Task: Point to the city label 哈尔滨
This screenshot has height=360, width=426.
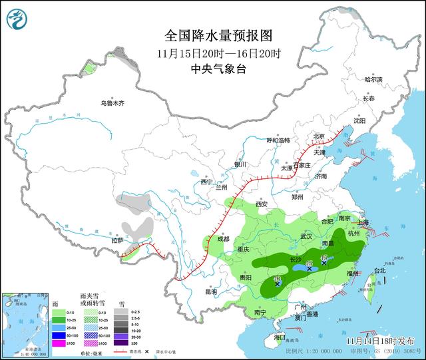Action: [374, 79]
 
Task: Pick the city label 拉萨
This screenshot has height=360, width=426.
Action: [117, 240]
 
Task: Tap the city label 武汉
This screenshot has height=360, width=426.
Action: [306, 236]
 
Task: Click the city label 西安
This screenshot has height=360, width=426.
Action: [260, 204]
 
